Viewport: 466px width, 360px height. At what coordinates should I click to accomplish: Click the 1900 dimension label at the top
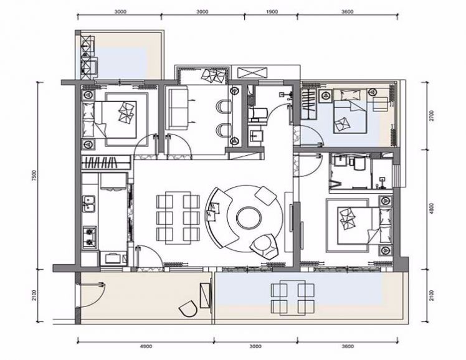[x=272, y=12]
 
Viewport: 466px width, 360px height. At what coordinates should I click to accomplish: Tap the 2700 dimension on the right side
[x=432, y=116]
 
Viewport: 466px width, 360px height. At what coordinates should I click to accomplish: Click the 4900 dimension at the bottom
[x=146, y=346]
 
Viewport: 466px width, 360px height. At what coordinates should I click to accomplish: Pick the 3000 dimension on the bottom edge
[x=255, y=346]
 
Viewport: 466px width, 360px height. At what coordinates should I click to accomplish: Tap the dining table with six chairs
[x=178, y=218]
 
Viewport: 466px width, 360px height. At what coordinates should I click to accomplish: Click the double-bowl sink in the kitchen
[x=89, y=204]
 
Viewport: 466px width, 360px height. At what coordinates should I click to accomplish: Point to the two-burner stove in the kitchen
[x=90, y=237]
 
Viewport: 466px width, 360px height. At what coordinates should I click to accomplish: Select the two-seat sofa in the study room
[x=178, y=108]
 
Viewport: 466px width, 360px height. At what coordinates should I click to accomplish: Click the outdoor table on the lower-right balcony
[x=292, y=298]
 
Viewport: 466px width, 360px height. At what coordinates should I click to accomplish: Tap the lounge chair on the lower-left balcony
[x=189, y=309]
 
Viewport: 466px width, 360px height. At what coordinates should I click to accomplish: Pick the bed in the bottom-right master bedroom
[x=364, y=225]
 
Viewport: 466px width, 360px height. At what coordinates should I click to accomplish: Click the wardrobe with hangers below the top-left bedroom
[x=106, y=163]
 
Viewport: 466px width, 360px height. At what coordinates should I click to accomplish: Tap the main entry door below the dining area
[x=148, y=257]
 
